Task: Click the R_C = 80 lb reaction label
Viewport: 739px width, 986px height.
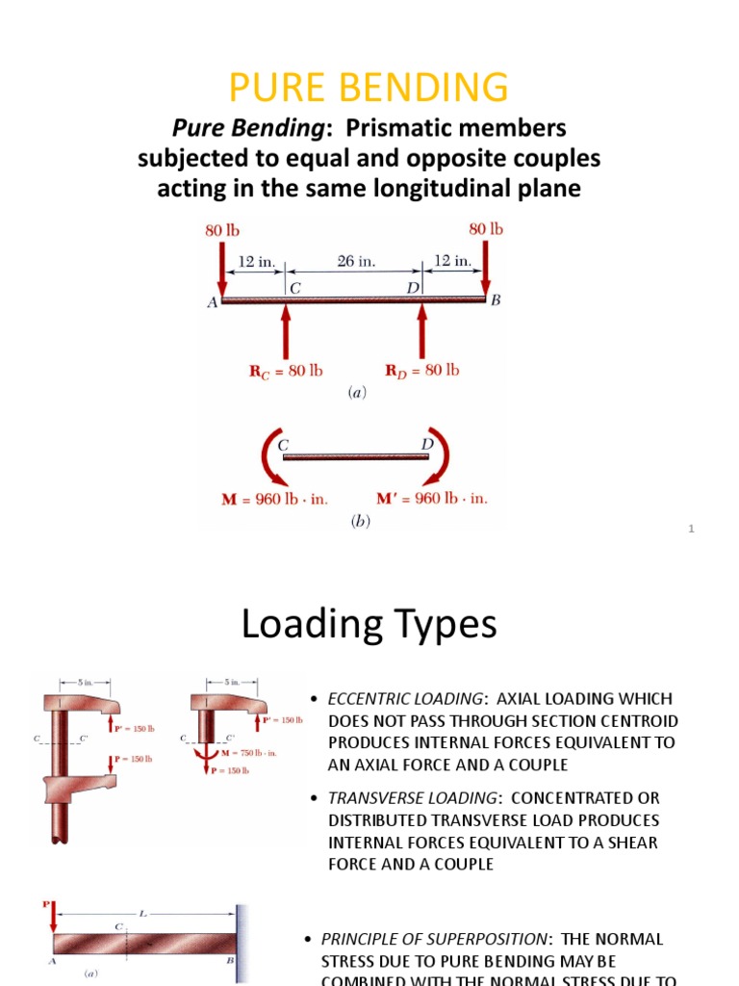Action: pos(287,371)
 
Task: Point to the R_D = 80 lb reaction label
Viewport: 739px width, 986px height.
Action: pos(422,371)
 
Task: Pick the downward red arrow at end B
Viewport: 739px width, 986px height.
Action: pos(485,270)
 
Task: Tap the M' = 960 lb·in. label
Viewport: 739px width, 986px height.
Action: pos(431,498)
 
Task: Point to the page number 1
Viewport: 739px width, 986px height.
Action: pos(691,530)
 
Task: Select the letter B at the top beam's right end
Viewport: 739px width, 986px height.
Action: pos(497,301)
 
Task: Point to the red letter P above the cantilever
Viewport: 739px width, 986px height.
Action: pos(44,904)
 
